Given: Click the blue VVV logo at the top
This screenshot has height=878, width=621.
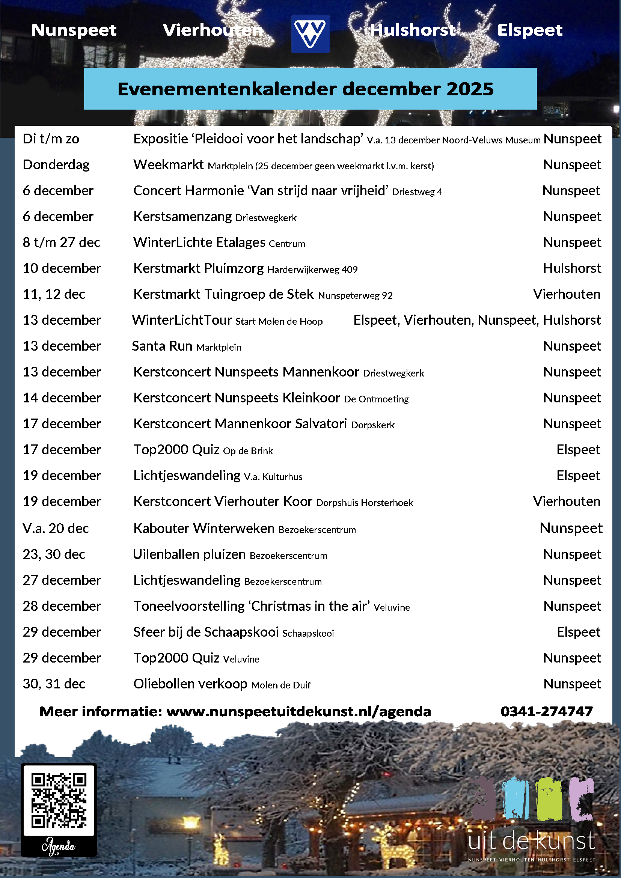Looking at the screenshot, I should click(x=310, y=34).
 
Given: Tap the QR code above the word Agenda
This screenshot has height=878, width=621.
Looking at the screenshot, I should click(x=59, y=800).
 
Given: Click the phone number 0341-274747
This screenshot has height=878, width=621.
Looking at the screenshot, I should click(x=546, y=712).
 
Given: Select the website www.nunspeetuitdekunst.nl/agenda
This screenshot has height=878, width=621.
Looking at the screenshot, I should click(x=298, y=712).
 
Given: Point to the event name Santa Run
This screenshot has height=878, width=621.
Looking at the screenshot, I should click(x=162, y=346).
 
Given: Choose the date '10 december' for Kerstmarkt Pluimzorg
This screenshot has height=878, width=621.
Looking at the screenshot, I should click(x=62, y=268).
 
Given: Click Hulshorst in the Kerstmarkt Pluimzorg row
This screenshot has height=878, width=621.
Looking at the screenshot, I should click(x=572, y=268).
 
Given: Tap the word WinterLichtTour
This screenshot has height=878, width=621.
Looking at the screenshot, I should click(x=182, y=320).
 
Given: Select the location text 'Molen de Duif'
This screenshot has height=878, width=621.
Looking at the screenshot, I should click(x=281, y=685).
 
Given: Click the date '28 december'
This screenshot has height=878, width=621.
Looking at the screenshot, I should click(x=62, y=606).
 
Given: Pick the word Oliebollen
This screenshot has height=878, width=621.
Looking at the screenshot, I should click(x=163, y=684).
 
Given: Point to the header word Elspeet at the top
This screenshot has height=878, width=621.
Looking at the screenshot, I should click(x=530, y=30).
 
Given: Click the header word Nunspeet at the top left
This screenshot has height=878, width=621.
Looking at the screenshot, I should click(x=74, y=30).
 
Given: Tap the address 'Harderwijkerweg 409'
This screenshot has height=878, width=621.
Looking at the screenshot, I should click(x=312, y=270).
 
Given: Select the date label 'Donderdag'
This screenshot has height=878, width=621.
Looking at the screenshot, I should click(x=56, y=165).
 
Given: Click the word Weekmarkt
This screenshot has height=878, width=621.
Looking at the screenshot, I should click(x=168, y=165).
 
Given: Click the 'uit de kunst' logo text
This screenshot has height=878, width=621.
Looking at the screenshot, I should click(x=532, y=841).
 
